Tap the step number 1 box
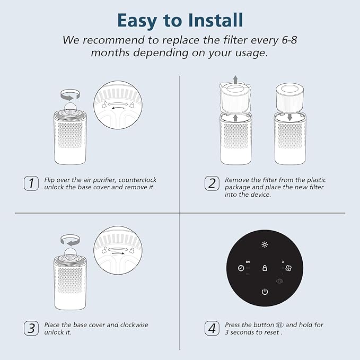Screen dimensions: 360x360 (x=31, y=183)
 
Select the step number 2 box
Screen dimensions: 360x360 (x=212, y=183)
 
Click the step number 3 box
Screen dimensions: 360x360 (x=31, y=328)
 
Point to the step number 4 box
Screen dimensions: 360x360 (x=212, y=328)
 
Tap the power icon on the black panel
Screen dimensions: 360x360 (x=265, y=292)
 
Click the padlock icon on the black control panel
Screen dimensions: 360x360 (x=265, y=268)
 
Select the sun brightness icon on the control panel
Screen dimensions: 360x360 (x=265, y=244)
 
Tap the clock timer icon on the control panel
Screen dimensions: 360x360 (x=241, y=268)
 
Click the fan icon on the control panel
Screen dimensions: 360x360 (x=288, y=268)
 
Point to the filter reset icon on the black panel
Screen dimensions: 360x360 (x=279, y=281)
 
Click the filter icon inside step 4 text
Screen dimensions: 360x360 (x=279, y=325)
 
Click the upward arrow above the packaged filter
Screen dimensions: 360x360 (x=235, y=80)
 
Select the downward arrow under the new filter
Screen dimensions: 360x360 (x=289, y=117)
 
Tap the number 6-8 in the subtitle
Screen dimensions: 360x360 (x=289, y=40)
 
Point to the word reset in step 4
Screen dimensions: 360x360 (x=271, y=332)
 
